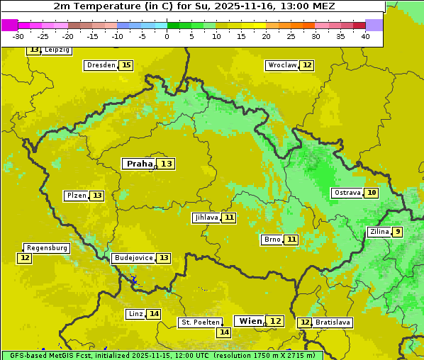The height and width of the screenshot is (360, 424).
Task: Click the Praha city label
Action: click(139, 164)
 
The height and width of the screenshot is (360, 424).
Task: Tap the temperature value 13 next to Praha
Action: click(166, 164)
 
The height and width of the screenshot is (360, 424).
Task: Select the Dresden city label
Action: click(101, 65)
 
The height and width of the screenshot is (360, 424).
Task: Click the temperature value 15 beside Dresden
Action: click(126, 65)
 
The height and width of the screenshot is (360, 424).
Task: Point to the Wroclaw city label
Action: click(282, 65)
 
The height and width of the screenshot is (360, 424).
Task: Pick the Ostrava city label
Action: click(347, 193)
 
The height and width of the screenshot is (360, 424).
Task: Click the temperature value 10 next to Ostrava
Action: click(372, 193)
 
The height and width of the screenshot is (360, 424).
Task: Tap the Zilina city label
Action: click(379, 232)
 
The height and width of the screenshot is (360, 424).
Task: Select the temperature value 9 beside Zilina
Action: click(398, 232)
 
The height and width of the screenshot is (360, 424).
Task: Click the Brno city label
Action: click(272, 240)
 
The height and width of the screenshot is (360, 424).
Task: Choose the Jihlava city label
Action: click(206, 218)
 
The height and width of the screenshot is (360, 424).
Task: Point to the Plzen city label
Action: click(76, 196)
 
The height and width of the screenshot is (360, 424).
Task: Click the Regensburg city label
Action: click(47, 248)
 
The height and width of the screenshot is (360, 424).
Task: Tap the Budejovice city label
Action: click(133, 258)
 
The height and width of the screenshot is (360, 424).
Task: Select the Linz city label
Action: click(135, 314)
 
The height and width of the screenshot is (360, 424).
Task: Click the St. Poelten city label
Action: click(200, 322)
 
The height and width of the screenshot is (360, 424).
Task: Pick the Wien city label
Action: click(250, 321)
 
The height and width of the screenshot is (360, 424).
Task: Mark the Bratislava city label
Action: click(333, 322)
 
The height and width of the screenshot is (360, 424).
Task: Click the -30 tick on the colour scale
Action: click(18, 36)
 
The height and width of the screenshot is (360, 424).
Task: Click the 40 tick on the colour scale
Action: click(365, 36)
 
